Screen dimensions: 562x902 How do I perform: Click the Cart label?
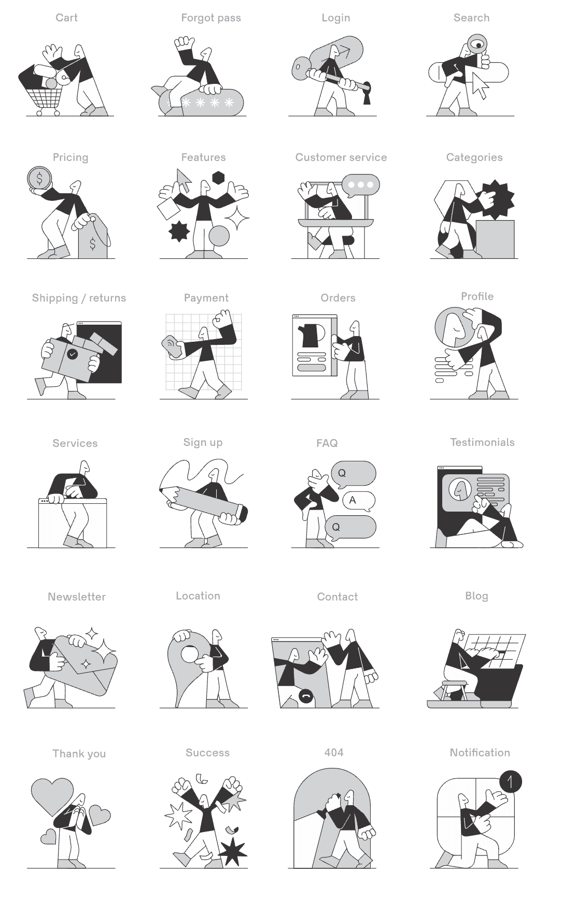click(x=66, y=18)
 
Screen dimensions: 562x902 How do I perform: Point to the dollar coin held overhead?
click(x=39, y=179)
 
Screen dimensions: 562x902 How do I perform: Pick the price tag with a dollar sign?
click(x=93, y=237)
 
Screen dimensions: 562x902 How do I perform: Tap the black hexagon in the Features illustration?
click(x=218, y=178)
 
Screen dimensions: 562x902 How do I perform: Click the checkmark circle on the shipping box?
click(x=73, y=354)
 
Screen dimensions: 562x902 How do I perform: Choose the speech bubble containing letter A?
click(x=358, y=500)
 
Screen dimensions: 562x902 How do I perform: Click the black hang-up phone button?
click(x=306, y=696)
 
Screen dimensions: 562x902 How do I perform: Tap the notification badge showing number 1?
click(x=510, y=782)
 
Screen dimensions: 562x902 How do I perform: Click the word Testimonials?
click(x=482, y=442)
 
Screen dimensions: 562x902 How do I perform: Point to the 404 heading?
click(x=334, y=752)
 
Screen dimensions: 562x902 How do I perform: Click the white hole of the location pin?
click(x=189, y=654)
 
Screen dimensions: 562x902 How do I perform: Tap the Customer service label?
click(x=341, y=157)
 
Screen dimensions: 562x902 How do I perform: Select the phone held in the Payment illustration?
click(x=171, y=346)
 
